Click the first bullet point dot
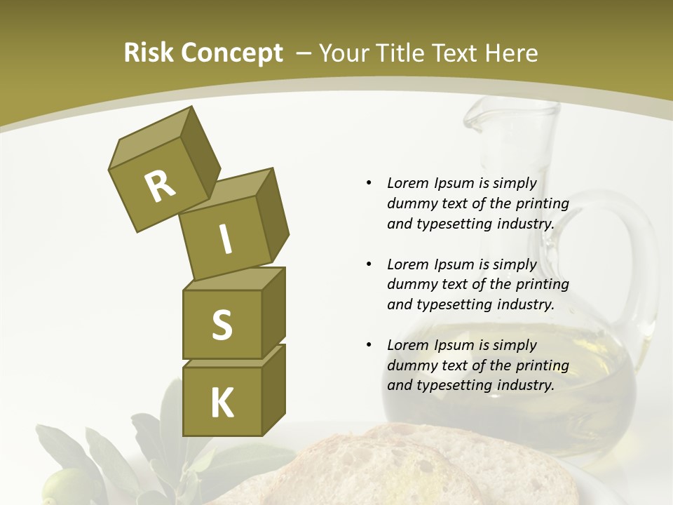click(369, 183)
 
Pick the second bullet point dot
click(369, 264)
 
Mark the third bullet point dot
click(369, 345)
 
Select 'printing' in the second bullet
click(542, 285)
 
